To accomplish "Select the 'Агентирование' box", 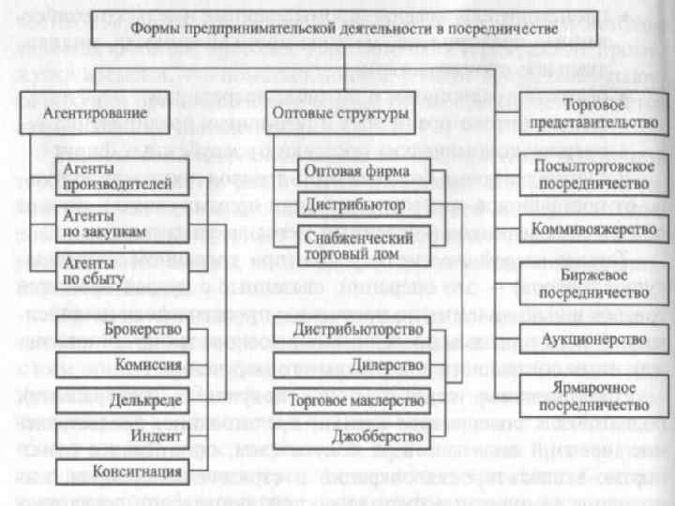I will [105, 114].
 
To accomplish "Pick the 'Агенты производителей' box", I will [123, 176].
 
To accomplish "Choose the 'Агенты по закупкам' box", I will [123, 224].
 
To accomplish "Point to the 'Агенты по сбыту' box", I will [123, 271].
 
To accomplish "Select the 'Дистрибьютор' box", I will [357, 203].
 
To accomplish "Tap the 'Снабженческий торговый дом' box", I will [357, 246].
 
